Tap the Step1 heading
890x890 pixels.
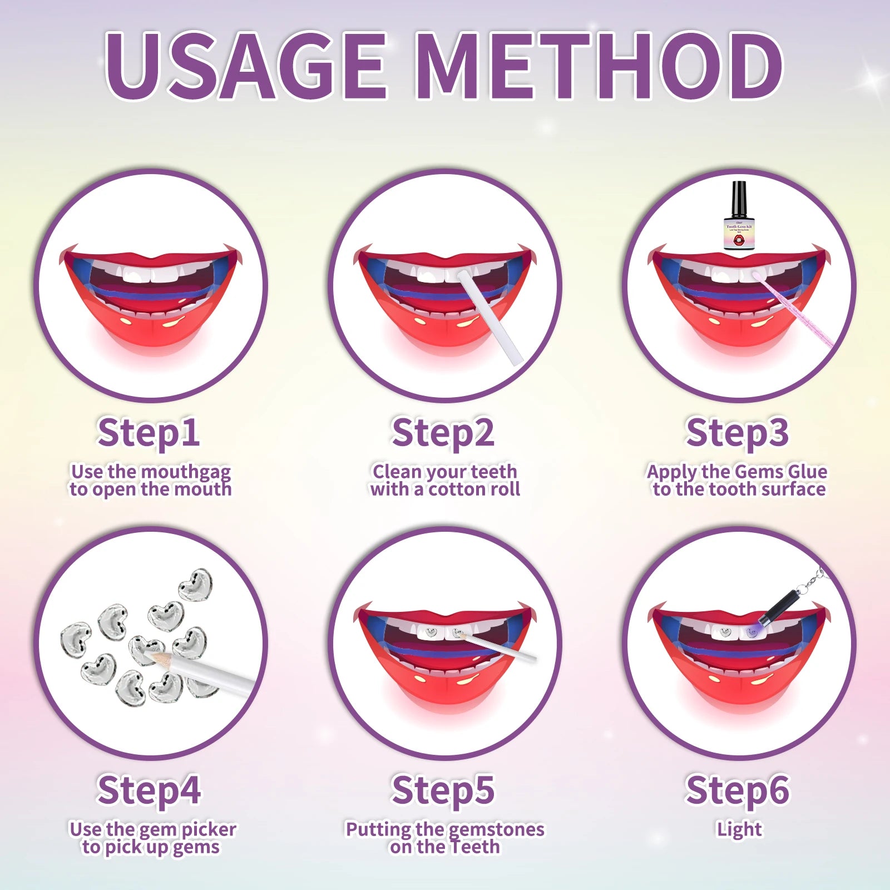click(x=149, y=433)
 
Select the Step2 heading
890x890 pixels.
click(x=443, y=433)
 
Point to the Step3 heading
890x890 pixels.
click(x=737, y=433)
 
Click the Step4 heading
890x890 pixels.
click(x=149, y=790)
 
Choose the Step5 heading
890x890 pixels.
click(x=443, y=790)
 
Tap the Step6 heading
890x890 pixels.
click(x=737, y=790)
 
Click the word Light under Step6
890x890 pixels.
click(x=739, y=829)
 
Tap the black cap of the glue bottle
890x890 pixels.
click(x=739, y=198)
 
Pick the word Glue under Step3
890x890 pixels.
click(x=806, y=472)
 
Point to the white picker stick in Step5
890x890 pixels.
click(x=501, y=649)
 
